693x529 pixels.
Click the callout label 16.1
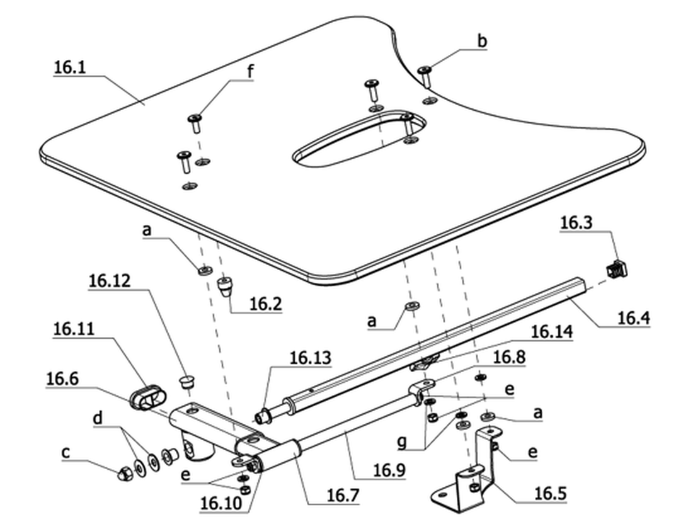70,67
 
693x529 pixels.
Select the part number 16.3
576,223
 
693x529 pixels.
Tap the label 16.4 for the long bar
633,318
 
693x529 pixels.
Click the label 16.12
110,281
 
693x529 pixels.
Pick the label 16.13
310,358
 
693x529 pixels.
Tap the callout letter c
66,452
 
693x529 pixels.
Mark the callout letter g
402,442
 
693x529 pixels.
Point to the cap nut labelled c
122,473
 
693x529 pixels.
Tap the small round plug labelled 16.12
187,382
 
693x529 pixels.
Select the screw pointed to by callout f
195,123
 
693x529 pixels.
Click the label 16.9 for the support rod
389,470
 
